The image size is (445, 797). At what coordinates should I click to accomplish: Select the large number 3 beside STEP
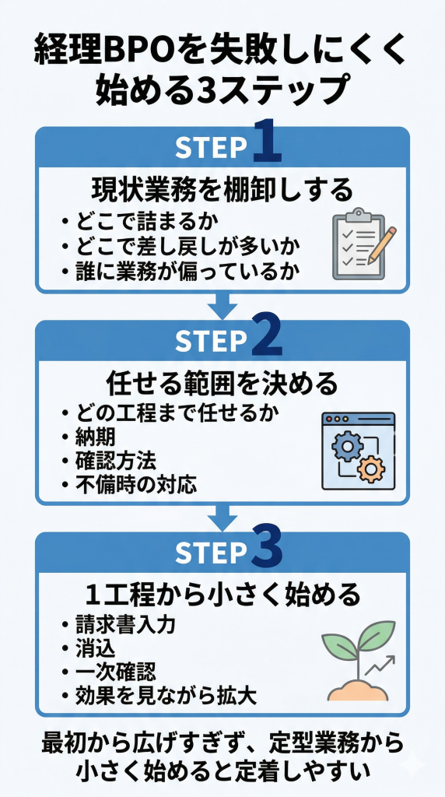point(266,549)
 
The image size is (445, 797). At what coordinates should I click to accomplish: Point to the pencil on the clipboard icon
point(381,243)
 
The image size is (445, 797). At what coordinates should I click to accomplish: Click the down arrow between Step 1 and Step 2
point(223,305)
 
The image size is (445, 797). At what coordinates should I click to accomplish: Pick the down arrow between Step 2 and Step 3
point(223,516)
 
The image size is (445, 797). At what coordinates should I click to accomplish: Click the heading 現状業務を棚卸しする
point(223,189)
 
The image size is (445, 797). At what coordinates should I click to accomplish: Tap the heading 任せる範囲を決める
point(223,383)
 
